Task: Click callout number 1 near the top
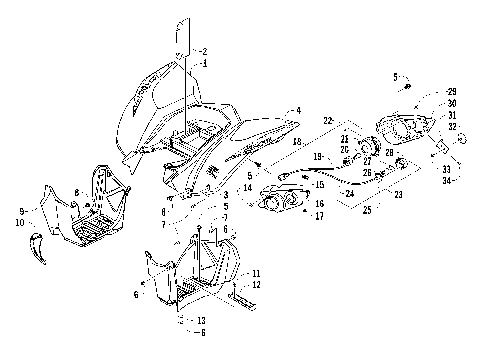pos(205,62)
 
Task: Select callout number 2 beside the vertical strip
pos(204,51)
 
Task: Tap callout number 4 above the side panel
pos(297,110)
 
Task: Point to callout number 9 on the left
pos(20,212)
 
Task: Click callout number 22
pos(326,121)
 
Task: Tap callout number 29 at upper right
pos(452,90)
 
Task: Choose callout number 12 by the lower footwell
pos(257,286)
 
